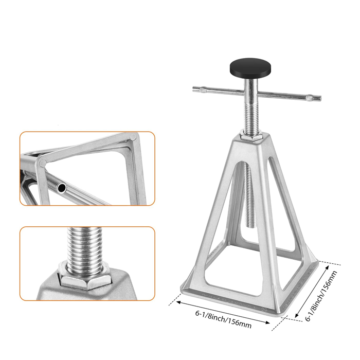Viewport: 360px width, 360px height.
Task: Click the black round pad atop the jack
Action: tap(250, 68)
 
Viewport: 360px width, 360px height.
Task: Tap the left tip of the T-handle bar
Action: tap(193, 88)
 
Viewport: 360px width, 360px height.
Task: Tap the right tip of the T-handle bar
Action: tap(320, 98)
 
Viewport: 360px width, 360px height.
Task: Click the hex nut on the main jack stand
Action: tap(252, 137)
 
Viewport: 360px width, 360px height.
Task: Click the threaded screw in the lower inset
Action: tap(84, 250)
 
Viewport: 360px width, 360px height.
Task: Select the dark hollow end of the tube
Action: tap(62, 188)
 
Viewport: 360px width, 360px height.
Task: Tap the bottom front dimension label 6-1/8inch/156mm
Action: tap(223, 319)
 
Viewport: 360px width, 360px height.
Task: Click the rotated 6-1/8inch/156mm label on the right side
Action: tap(321, 296)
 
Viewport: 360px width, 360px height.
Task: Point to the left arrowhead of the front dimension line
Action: tap(178, 302)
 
